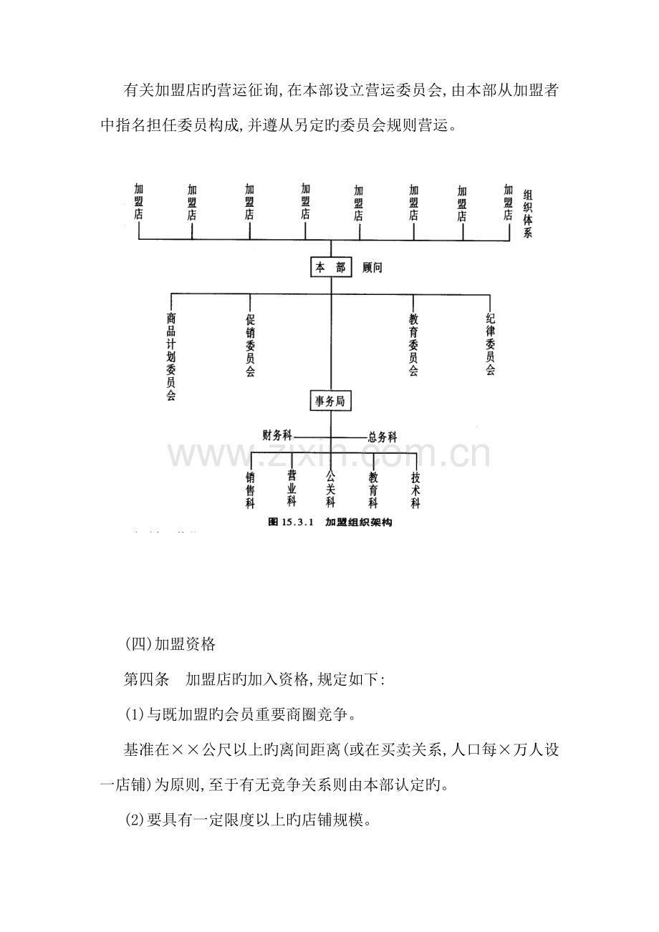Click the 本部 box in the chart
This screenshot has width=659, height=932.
pos(331,267)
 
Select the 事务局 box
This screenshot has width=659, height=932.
pos(330,400)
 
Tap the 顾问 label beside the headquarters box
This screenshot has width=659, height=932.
pos(372,268)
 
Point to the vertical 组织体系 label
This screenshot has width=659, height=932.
pos(527,213)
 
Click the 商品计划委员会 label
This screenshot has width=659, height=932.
pos(170,356)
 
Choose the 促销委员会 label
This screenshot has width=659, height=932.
pos(250,345)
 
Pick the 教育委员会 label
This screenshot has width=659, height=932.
pos(413,345)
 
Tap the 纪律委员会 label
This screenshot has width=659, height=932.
pos(490,344)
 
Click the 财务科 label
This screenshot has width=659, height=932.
pos(277,435)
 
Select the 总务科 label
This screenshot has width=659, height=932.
pos(383,437)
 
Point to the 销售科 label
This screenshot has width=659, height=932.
pos(250,490)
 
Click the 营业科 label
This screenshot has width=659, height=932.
pos(292,488)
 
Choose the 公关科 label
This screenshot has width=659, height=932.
pos(330,489)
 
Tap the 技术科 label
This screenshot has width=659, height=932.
pos(415,490)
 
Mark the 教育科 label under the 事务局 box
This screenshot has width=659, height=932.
pos(372,490)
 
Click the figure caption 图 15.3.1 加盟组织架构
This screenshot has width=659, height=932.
pos(330,522)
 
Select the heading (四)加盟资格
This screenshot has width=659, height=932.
pos(170,644)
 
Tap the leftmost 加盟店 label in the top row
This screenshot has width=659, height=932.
pos(139,202)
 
